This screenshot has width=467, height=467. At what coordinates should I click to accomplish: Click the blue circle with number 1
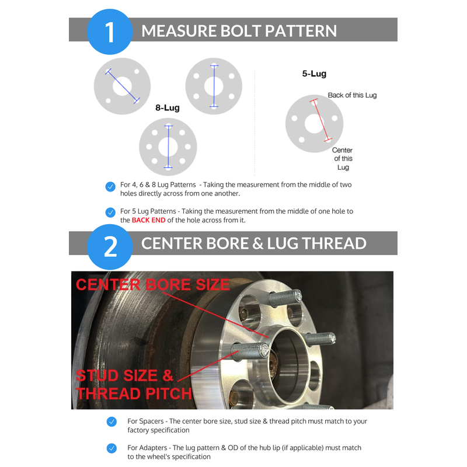coord(110,32)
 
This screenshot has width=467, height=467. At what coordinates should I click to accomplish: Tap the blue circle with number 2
coord(110,247)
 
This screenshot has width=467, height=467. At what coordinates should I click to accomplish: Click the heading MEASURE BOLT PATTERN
coord(239,31)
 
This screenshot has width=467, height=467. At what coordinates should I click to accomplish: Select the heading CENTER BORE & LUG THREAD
coord(254,243)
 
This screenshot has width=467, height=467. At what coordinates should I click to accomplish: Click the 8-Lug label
coord(168,108)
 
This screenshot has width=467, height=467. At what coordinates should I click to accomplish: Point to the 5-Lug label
coord(314,74)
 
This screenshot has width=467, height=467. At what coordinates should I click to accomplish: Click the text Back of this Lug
coord(352,95)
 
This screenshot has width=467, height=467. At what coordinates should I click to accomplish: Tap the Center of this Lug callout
coord(343,158)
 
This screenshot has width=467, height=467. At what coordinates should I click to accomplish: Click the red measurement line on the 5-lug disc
coord(320,120)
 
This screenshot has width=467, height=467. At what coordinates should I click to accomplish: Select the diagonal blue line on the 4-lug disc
coord(123,86)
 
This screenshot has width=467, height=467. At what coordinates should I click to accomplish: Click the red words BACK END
coord(148,220)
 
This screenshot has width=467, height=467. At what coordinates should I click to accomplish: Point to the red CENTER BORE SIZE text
coord(153,284)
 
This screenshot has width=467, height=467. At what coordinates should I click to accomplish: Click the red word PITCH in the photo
coord(169,393)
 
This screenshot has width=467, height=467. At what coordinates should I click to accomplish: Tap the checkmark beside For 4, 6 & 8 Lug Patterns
coord(110,187)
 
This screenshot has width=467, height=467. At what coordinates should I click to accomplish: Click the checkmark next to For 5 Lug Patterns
coord(110,212)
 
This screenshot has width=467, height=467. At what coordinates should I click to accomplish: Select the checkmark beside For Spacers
coord(111,421)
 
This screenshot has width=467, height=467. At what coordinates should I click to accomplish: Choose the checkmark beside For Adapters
coord(111,448)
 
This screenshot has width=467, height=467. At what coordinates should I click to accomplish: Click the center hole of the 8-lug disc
coord(168,147)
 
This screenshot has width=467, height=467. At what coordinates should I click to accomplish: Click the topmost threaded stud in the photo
coord(285,298)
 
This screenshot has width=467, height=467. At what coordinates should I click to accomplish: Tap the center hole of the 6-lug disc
coord(214,86)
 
